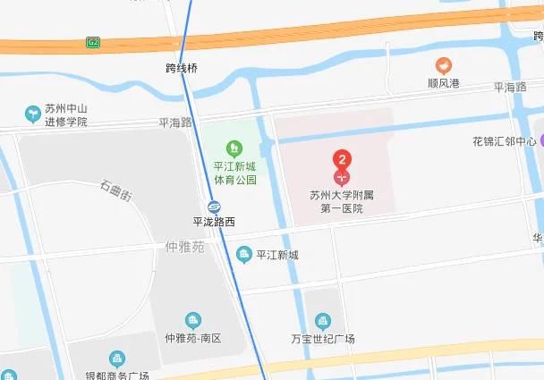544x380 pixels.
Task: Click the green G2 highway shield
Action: (92, 42)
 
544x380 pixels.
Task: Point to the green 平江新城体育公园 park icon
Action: (234, 147)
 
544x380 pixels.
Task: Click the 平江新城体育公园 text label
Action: (234, 173)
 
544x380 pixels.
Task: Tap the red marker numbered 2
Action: (342, 162)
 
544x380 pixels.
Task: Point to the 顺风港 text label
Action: (443, 83)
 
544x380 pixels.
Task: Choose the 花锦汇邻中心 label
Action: (505, 141)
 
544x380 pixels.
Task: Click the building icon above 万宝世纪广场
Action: (323, 321)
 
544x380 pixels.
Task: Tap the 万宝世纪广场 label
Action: (323, 339)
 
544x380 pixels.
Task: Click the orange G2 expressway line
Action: (313, 31)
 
